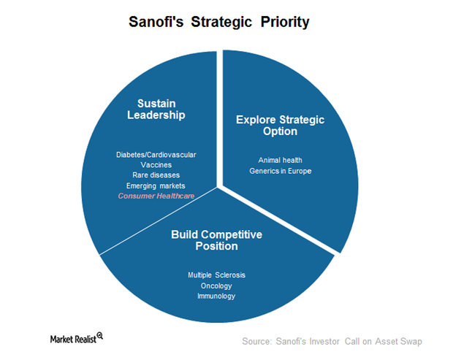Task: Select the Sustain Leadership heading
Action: coord(156,110)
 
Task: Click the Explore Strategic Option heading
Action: coord(281,126)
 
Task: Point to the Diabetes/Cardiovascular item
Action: coord(156,155)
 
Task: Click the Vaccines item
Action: coord(156,165)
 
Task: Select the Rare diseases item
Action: coord(156,175)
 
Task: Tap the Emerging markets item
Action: coord(156,186)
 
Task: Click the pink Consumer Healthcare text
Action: coord(156,196)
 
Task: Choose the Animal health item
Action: coord(281,160)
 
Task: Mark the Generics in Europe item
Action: coord(281,171)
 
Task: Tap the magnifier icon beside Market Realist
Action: coord(100,336)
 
